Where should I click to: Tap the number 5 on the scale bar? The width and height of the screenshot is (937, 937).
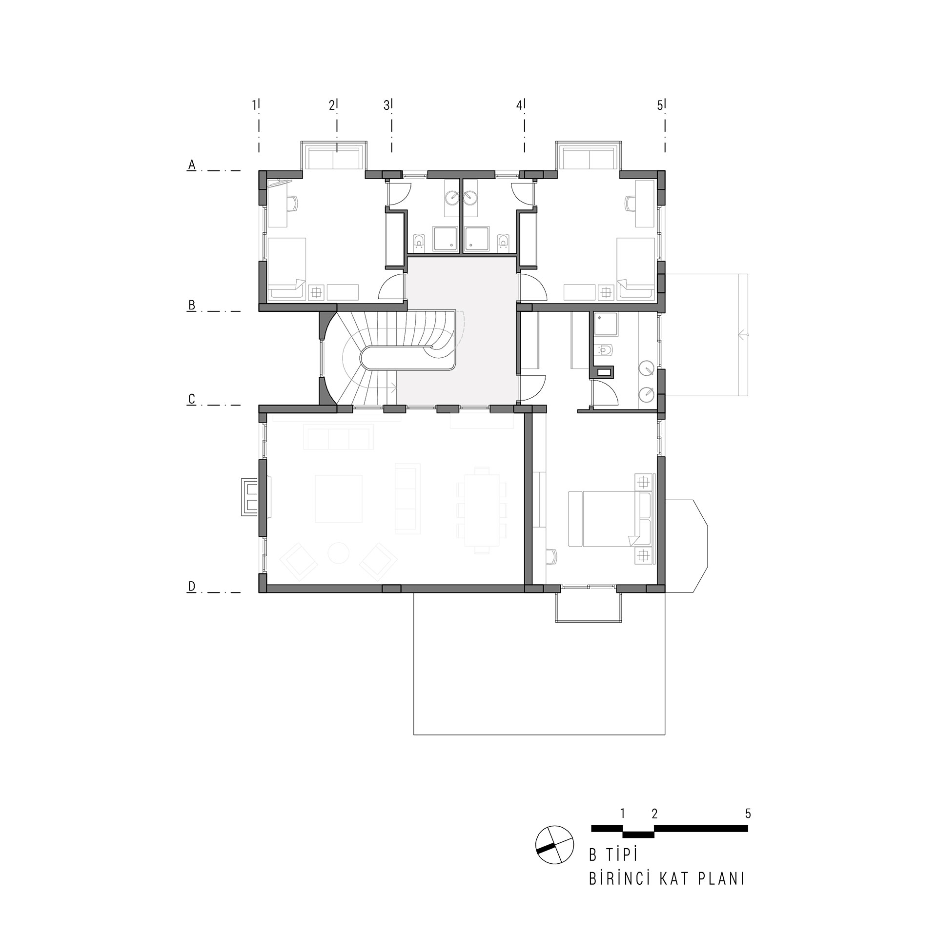pyautogui.click(x=748, y=814)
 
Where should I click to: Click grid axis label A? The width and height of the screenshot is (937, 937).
pyautogui.click(x=192, y=165)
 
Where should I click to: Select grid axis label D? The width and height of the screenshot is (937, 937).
pyautogui.click(x=192, y=586)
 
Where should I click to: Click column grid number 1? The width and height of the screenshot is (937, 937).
pyautogui.click(x=254, y=105)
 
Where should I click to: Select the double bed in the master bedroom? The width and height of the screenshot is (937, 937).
pyautogui.click(x=611, y=519)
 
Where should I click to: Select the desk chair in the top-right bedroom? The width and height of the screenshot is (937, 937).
pyautogui.click(x=630, y=203)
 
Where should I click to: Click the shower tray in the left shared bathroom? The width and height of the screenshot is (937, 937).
pyautogui.click(x=445, y=239)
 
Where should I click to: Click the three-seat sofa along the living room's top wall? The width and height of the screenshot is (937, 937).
pyautogui.click(x=338, y=437)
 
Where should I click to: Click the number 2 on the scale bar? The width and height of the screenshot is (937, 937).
pyautogui.click(x=654, y=814)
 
